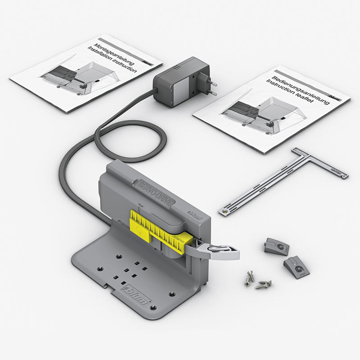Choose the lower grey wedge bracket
[297, 266]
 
